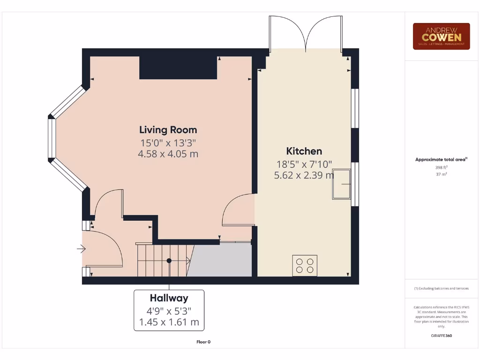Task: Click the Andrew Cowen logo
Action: (x=441, y=36)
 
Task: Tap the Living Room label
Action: (x=168, y=130)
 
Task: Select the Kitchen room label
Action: (x=304, y=151)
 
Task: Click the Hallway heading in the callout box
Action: (x=169, y=298)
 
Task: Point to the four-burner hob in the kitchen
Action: (x=305, y=265)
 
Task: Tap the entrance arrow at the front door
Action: (x=82, y=249)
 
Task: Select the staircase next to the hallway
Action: (x=162, y=260)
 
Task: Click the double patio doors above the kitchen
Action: (x=306, y=34)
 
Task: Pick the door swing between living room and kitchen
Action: (x=239, y=211)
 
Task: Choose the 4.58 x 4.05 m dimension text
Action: (x=168, y=154)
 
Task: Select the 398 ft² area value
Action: (x=441, y=167)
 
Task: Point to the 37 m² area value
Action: (x=441, y=174)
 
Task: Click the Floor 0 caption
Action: (x=203, y=342)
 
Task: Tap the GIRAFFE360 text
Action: (x=441, y=336)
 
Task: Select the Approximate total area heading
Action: (x=441, y=159)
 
